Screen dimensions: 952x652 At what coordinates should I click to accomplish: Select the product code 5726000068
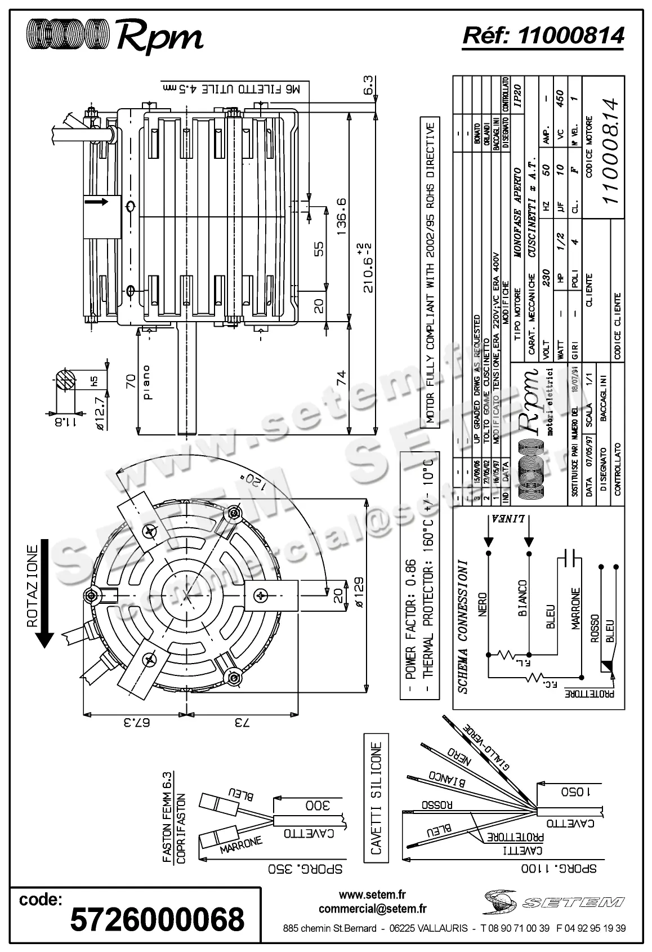[157, 919]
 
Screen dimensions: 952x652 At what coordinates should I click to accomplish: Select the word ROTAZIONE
[32, 586]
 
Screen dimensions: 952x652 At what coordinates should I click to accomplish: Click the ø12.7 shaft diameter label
[99, 413]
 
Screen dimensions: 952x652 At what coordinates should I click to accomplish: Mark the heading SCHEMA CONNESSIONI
[462, 626]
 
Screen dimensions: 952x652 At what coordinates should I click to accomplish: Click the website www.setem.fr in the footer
[372, 895]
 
